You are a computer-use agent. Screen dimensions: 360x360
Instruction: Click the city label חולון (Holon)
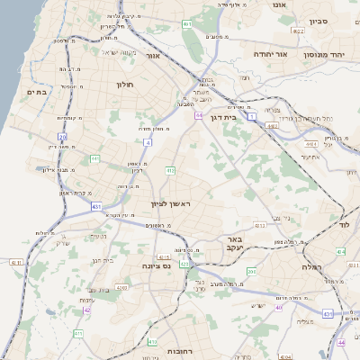point(124,84)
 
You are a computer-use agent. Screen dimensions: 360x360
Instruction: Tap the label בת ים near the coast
point(37,92)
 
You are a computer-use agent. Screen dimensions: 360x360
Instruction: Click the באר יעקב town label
point(229,244)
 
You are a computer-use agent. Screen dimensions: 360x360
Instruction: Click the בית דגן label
point(234,118)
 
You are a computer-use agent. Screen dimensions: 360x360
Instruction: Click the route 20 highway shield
point(62,136)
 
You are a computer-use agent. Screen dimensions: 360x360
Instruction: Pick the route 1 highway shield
point(252,117)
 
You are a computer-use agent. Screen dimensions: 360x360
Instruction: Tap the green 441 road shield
point(94,158)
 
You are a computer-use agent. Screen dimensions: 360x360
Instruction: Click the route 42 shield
point(87,310)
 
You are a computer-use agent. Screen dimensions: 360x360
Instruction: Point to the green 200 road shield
point(251,271)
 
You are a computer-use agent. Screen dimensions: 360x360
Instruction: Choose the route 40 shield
point(279,307)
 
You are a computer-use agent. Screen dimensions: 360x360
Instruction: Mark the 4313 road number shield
point(259,225)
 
